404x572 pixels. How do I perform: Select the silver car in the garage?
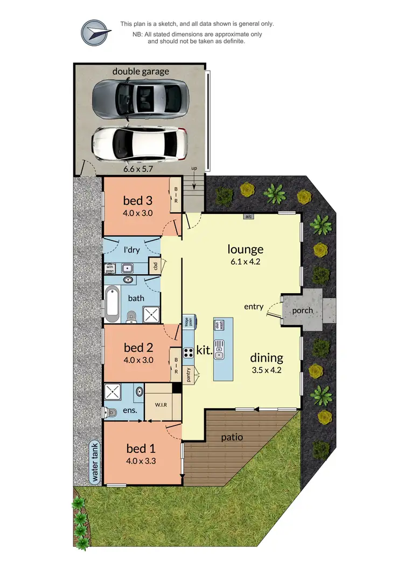click(140, 99)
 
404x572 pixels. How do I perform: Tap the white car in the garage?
click(140, 143)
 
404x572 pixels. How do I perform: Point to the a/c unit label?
click(248, 217)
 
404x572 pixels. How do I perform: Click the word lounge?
click(245, 249)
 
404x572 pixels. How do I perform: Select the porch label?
click(302, 311)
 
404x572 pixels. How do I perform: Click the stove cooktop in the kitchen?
click(189, 353)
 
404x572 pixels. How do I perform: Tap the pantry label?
click(189, 374)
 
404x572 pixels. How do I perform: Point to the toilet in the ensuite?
click(110, 412)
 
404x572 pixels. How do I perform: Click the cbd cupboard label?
click(155, 266)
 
